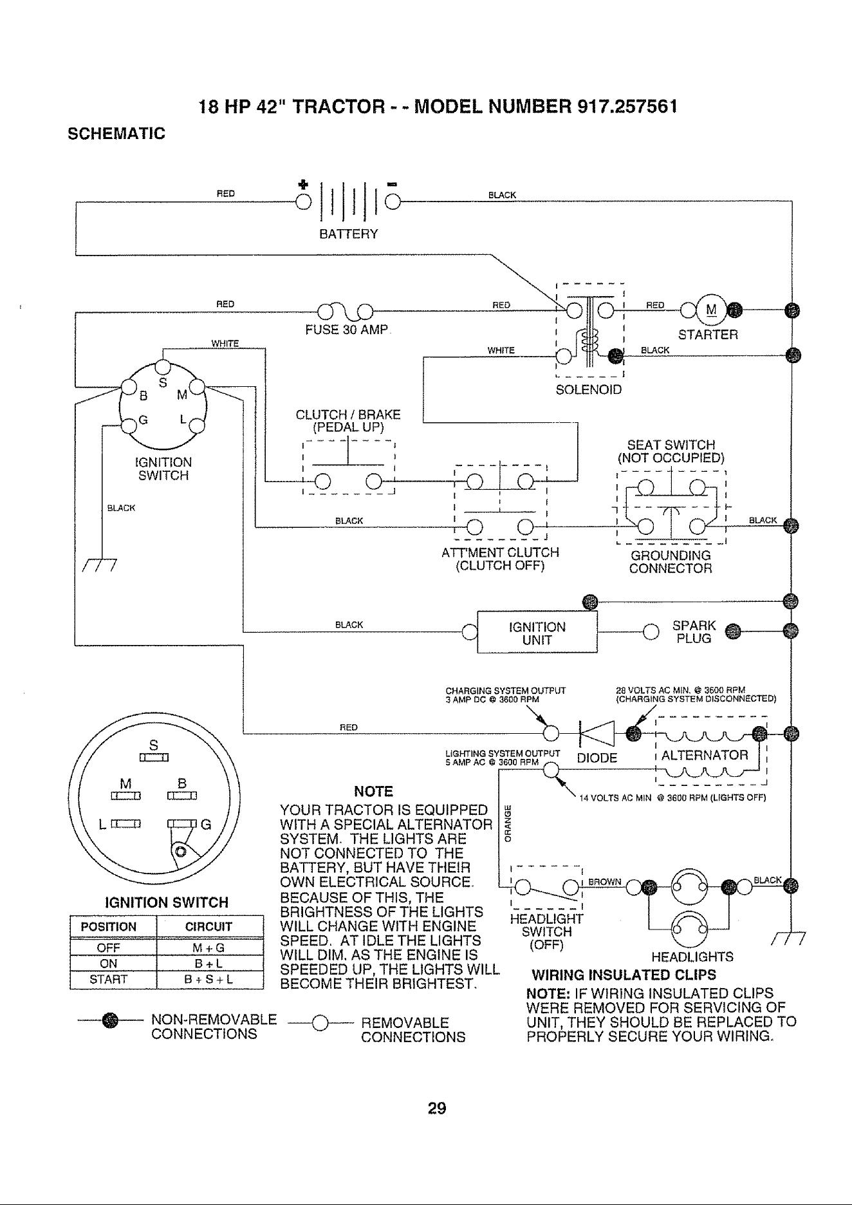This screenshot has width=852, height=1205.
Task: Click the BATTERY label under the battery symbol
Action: click(x=349, y=234)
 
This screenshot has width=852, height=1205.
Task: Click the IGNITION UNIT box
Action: click(x=537, y=631)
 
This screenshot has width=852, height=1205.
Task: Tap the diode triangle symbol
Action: click(x=598, y=733)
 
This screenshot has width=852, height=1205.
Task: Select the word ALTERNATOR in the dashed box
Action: click(x=705, y=755)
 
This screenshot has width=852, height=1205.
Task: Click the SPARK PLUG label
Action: click(x=694, y=631)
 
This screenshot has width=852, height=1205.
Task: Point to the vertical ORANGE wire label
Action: click(x=507, y=823)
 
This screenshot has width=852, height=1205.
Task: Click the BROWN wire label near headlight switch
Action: click(x=604, y=882)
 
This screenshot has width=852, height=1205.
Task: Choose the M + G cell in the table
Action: click(x=209, y=948)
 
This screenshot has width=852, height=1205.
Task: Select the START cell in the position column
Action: click(x=113, y=980)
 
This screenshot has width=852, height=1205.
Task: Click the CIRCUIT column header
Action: click(x=209, y=927)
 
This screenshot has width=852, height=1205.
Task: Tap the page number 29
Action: click(x=437, y=1108)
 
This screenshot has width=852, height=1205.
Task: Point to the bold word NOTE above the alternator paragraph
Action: click(x=374, y=791)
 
